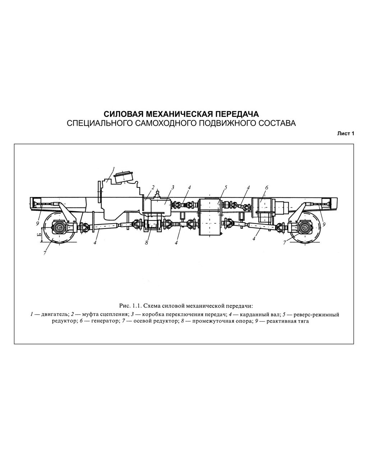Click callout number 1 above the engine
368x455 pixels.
(114, 169)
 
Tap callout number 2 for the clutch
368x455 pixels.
(153, 187)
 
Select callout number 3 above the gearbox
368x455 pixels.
(173, 187)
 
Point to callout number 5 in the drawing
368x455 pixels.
(226, 187)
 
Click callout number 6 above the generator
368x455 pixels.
(266, 187)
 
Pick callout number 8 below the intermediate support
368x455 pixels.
(146, 243)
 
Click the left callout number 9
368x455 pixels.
(38, 223)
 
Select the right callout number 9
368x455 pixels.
(324, 224)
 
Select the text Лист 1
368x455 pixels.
(346, 134)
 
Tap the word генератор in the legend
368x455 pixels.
(104, 321)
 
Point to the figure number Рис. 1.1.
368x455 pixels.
(130, 306)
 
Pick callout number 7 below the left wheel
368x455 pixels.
(45, 253)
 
